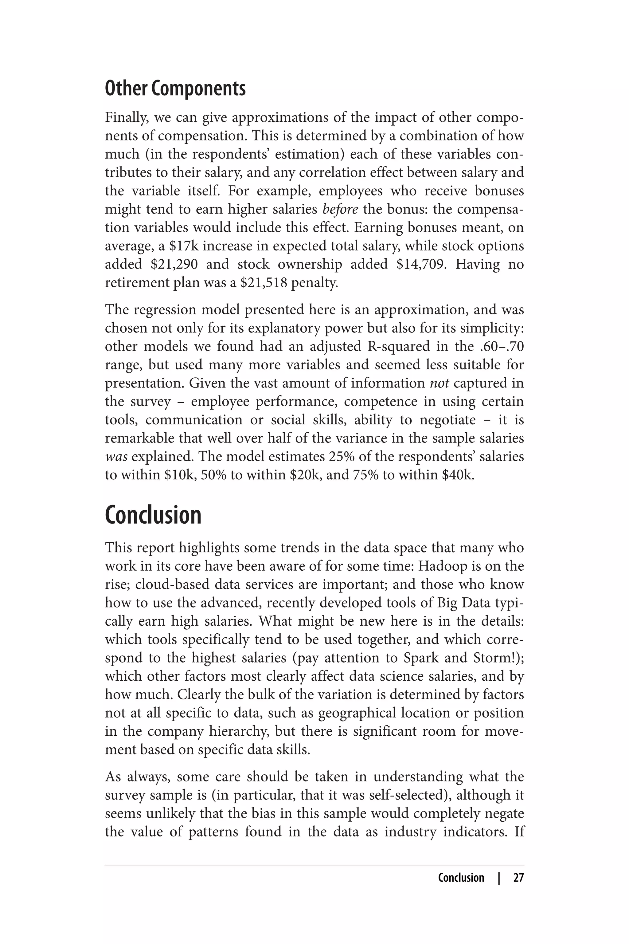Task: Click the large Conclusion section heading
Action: pos(153,515)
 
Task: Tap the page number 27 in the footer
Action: pos(518,878)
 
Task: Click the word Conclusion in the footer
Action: pos(461,878)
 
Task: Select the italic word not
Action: pos(439,383)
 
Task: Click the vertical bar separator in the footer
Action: pos(499,878)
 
